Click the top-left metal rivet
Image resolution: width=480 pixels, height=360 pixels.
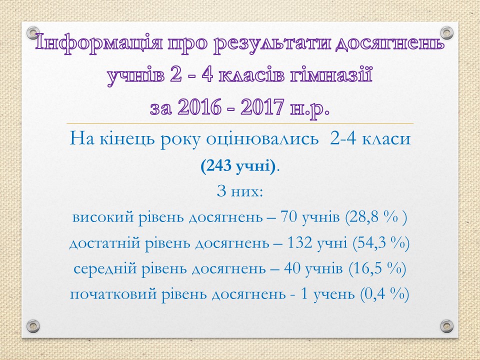pyautogui.click(x=33, y=33)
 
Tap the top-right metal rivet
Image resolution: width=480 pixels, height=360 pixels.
pyautogui.click(x=446, y=33)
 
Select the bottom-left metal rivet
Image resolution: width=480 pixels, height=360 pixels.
pyautogui.click(x=33, y=325)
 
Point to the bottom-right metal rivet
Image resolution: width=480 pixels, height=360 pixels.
pyautogui.click(x=446, y=325)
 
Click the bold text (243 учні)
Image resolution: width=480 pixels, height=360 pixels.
pyautogui.click(x=238, y=166)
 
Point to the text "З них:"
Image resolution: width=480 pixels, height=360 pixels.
pyautogui.click(x=240, y=191)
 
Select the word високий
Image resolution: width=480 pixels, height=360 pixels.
pyautogui.click(x=103, y=217)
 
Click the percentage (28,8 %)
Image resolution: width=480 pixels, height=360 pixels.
pyautogui.click(x=376, y=217)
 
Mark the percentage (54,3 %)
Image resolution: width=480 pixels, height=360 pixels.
pyautogui.click(x=381, y=243)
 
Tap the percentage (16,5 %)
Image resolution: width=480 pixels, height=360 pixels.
pyautogui.click(x=377, y=269)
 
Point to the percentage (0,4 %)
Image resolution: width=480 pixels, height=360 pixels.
pyautogui.click(x=384, y=294)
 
